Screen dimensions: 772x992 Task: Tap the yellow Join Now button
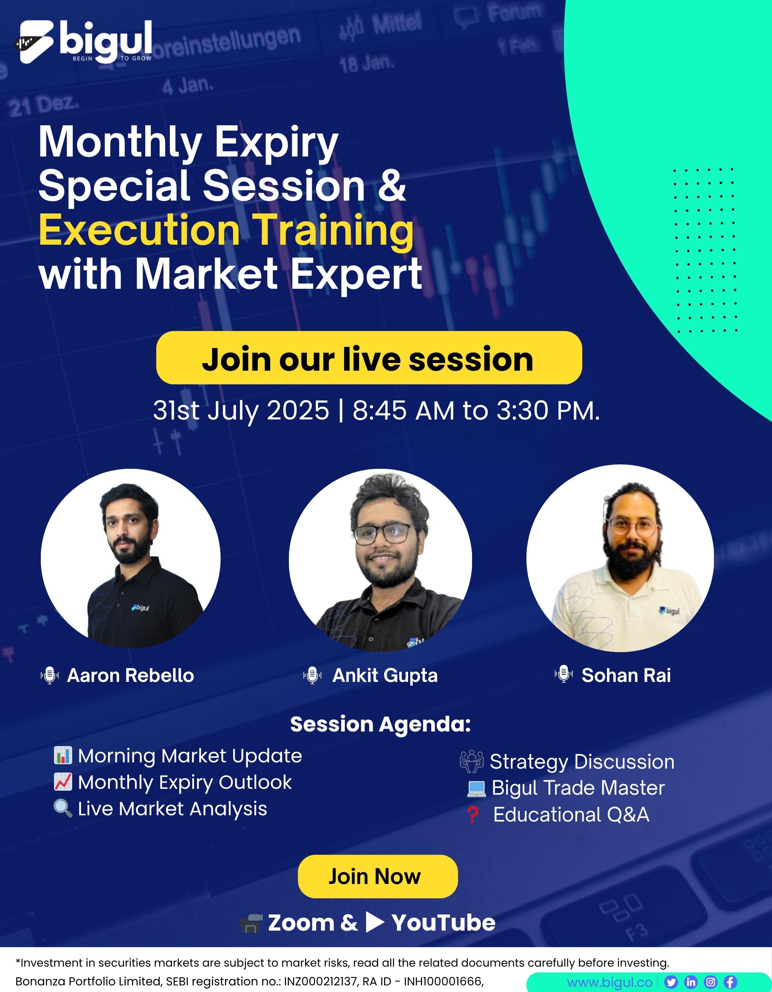coord(378,876)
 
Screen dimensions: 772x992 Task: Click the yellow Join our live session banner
coord(369,358)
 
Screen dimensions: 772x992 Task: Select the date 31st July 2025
coord(241,411)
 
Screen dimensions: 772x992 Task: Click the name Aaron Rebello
coord(131,675)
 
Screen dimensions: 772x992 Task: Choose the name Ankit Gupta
coord(385,675)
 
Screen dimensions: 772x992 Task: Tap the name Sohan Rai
coord(626,675)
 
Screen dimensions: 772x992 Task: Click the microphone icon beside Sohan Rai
coord(564,674)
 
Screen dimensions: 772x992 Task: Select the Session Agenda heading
coord(380,724)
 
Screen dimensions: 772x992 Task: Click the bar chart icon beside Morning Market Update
coord(63,755)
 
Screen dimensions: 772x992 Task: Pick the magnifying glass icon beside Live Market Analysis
coord(63,809)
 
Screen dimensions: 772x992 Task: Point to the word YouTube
coord(443,923)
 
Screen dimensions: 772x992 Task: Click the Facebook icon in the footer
coord(730,982)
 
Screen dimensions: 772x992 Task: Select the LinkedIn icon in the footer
coord(691,982)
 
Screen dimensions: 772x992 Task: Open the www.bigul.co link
coord(610,982)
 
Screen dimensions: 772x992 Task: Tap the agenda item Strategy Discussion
coord(582,762)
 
